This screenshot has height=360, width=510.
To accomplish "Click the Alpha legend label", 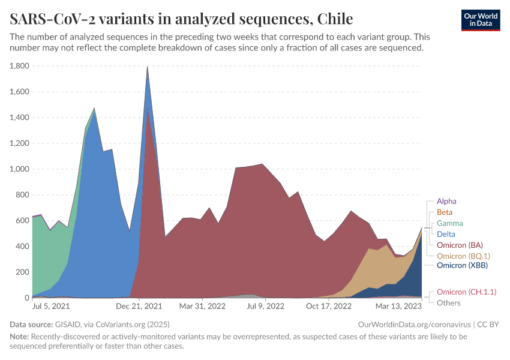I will point(446,202).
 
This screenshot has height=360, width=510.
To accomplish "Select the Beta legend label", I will point(445,212).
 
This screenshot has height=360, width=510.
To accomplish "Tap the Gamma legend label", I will point(450,223).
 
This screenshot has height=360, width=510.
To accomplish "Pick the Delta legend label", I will point(446,234).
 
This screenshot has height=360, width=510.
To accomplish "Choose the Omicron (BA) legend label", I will point(460,245).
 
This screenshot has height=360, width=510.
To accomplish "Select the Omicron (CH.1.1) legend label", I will point(466,292).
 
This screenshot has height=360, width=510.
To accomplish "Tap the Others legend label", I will point(448,302).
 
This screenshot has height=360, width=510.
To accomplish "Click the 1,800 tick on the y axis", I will point(19,66).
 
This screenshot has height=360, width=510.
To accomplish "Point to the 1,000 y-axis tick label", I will point(19,169).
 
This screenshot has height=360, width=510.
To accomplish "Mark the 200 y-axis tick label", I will point(22,272).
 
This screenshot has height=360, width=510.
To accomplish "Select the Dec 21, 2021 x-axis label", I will point(139,306).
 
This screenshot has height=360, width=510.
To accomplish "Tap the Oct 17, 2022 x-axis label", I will point(329,306).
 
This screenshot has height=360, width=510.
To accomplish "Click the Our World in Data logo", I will point(481,20).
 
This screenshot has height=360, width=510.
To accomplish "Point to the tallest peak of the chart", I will point(148,67).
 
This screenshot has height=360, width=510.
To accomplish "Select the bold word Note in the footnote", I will point(20,337).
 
